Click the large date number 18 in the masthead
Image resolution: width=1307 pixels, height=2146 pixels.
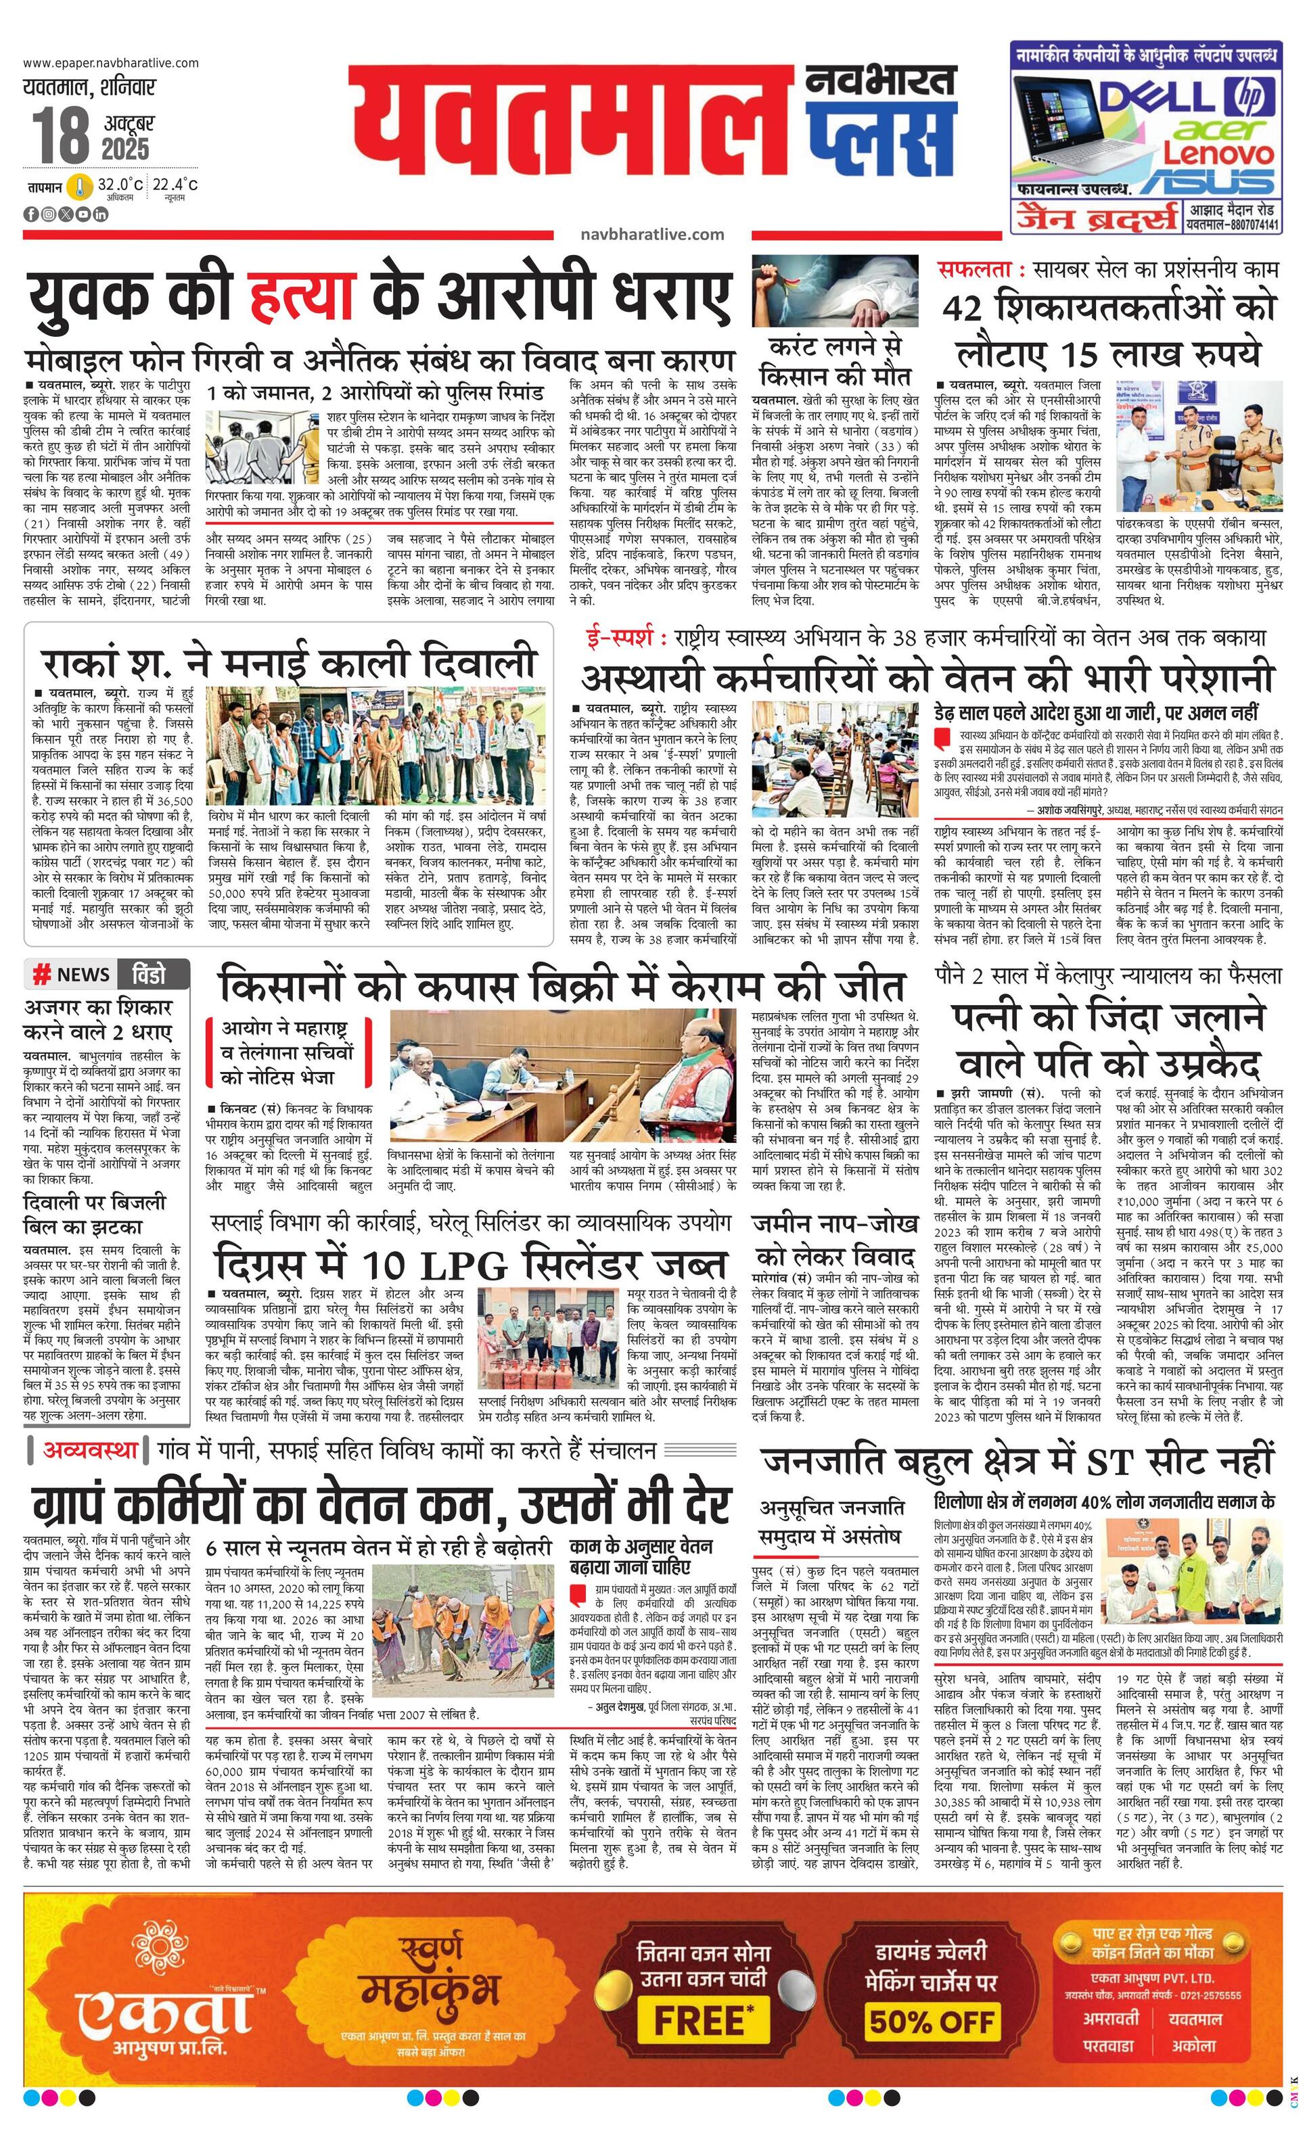pos(61,136)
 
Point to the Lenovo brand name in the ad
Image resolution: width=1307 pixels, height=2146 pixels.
pos(1219,154)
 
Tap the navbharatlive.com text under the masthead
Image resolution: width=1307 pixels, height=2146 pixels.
pos(651,234)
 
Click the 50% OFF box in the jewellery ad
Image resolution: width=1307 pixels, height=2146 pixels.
pos(932,1995)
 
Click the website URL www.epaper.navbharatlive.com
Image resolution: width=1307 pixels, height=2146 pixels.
pos(111,63)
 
